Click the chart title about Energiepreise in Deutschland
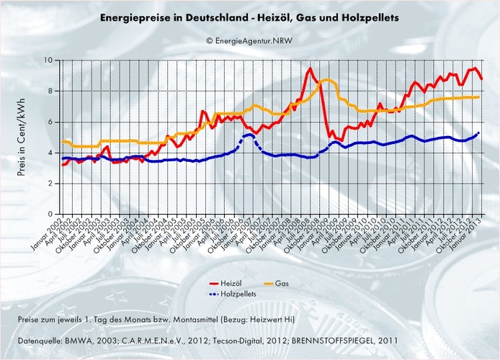(249, 15)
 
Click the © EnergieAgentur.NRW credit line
(249, 42)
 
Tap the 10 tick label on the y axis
(50, 60)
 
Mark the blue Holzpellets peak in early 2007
(249, 135)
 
